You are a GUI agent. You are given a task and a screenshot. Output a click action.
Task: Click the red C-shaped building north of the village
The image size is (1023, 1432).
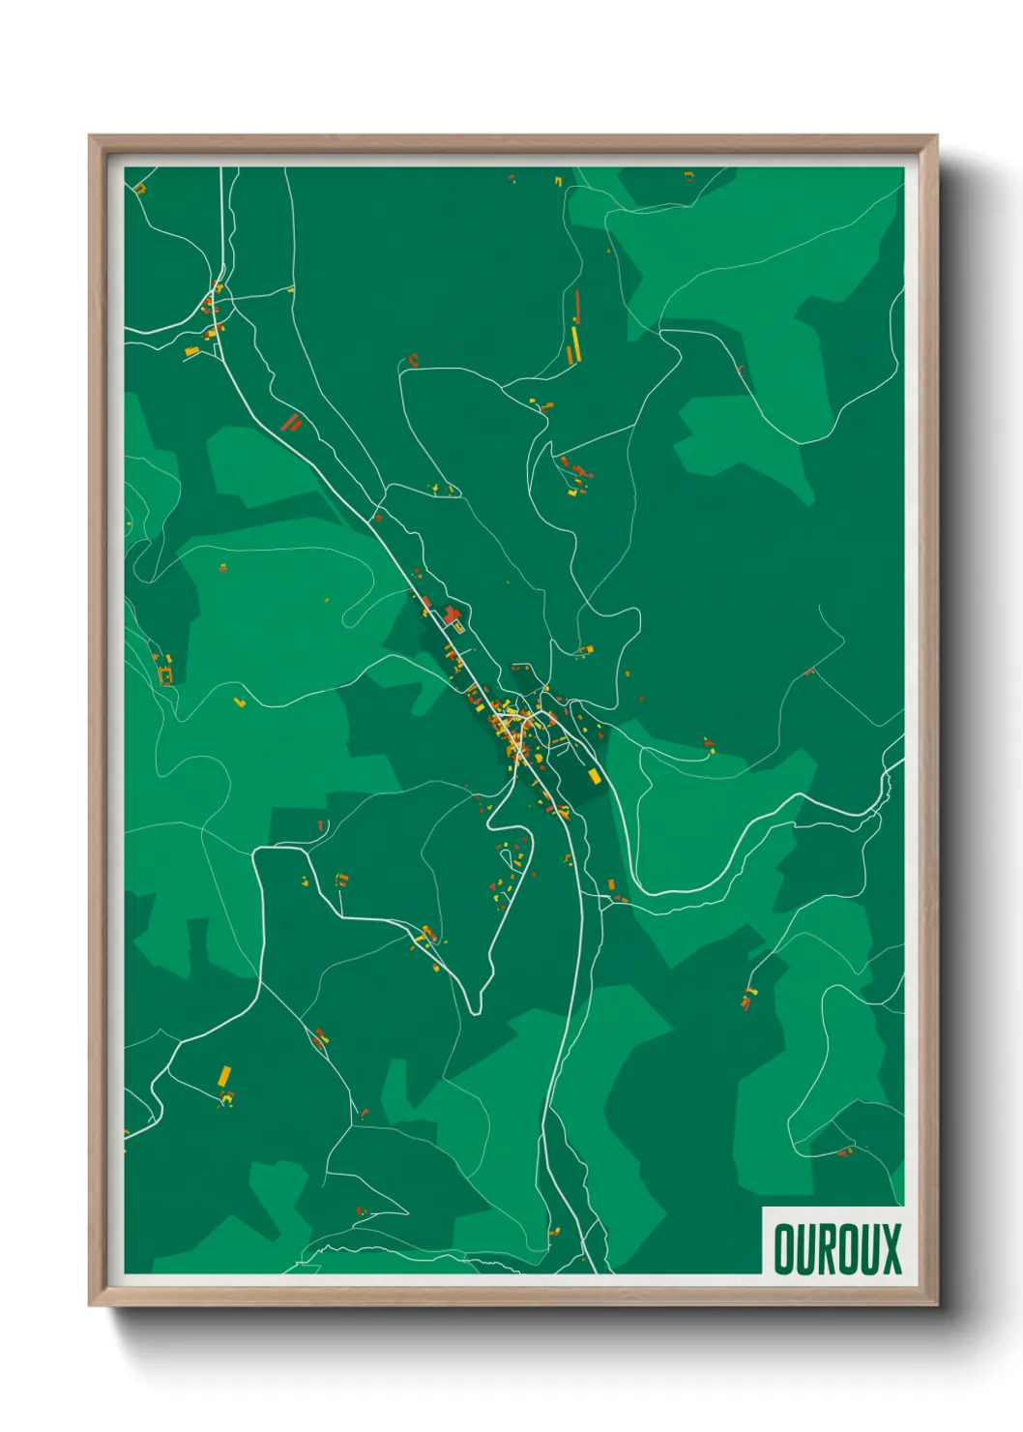414,360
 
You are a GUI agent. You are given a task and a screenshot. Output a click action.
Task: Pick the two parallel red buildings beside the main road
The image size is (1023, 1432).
290,422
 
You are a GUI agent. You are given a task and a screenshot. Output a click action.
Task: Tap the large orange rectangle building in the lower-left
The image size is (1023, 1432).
224,1076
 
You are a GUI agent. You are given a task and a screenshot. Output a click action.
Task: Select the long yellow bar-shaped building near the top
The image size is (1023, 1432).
572,343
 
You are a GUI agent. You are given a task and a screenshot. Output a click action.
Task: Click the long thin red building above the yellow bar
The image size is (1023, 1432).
577,307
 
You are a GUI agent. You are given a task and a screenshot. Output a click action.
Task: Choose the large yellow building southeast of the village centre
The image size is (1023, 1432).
594,776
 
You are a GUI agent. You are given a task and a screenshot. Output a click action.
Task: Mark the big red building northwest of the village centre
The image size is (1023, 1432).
451,613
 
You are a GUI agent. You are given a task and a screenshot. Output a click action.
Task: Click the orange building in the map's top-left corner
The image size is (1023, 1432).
139,188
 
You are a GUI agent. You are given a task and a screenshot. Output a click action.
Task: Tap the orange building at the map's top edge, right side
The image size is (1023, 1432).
688,175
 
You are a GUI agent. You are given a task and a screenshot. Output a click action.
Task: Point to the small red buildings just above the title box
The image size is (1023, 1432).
844,1151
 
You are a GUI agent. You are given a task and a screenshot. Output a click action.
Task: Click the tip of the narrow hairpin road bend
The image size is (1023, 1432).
475,1010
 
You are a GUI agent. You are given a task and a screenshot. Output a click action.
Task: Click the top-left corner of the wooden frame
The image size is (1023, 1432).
90,136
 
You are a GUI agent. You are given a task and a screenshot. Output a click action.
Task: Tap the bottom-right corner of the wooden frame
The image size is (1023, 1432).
936,1305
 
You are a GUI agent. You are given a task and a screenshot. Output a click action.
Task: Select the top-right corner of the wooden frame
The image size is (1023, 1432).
936,136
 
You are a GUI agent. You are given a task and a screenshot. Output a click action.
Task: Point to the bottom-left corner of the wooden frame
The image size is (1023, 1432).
90,1305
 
